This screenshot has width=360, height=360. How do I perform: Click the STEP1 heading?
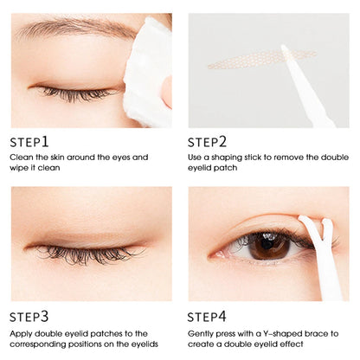point(29,141)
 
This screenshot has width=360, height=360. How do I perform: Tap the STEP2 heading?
point(208,141)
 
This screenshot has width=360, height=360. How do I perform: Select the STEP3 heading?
point(29,317)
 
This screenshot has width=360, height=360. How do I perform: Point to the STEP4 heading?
point(208,317)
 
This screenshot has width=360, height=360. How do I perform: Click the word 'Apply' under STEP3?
point(22,333)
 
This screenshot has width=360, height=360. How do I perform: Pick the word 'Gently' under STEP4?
point(202,333)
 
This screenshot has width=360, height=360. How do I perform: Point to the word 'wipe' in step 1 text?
point(21,168)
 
